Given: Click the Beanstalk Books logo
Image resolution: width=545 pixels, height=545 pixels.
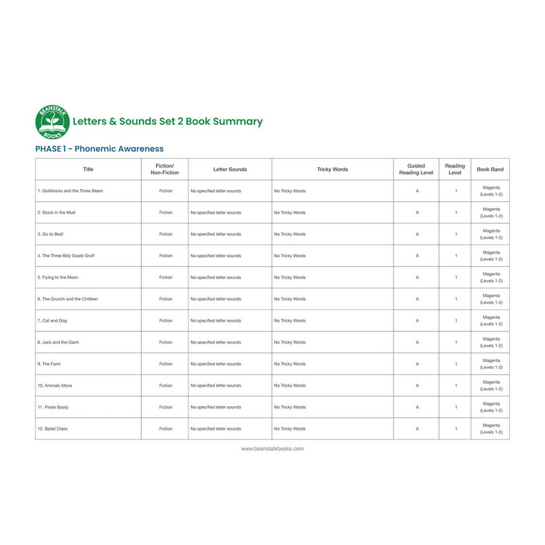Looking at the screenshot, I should [x=52, y=122].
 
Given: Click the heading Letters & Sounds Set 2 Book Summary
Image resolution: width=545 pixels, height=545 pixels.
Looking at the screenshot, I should [x=168, y=121].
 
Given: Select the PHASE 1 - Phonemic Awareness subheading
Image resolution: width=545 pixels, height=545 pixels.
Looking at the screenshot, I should [x=99, y=149].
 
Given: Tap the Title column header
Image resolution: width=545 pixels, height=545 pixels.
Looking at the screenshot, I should [x=88, y=169].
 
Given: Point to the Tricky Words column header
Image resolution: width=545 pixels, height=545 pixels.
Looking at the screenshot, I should [x=332, y=169].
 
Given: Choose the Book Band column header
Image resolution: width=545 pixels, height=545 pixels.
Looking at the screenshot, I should [x=490, y=169].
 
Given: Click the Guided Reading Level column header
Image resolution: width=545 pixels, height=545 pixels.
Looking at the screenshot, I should [x=416, y=169].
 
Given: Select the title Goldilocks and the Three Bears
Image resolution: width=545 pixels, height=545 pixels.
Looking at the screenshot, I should [x=70, y=191].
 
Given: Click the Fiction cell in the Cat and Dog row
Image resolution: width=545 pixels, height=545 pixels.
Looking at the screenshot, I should [x=166, y=321].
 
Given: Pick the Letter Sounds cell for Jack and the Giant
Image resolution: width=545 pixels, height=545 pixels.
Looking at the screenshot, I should [x=216, y=342].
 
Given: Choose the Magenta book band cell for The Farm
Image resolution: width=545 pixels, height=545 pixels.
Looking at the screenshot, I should [x=491, y=364].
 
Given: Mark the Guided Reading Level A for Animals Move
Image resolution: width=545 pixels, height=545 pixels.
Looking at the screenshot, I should [x=417, y=386].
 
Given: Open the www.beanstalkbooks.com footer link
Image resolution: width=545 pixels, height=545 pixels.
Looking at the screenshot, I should [x=272, y=449].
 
